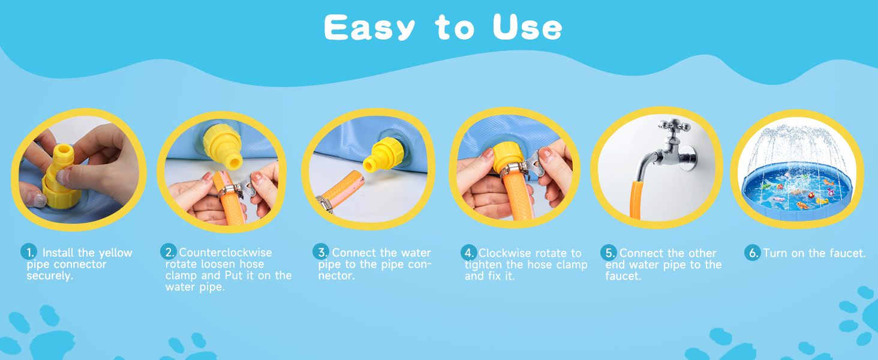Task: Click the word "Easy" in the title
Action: coord(369,28)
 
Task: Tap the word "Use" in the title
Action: coord(527,27)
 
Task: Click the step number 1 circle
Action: coord(29,252)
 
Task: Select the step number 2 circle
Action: coord(168,251)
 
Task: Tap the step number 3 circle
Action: coord(321,251)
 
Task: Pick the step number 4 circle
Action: coord(469,253)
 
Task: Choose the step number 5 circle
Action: coord(609,253)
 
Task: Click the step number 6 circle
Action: coord(753,253)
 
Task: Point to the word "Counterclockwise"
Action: coord(225,253)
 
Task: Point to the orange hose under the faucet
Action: coord(636,199)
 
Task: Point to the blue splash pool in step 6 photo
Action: coord(797,190)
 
